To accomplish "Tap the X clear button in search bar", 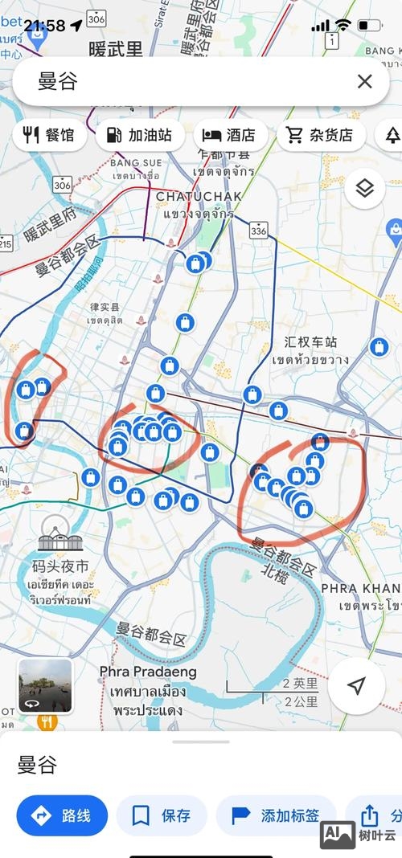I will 364,81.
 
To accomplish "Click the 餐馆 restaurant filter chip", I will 49,135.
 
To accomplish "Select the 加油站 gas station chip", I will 140,135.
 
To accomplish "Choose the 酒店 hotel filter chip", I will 229,135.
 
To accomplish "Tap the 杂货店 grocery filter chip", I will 321,135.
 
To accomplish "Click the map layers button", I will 365,189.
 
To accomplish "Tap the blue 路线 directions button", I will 62,816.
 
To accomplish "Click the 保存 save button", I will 162,816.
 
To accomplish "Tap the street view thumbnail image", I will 45,686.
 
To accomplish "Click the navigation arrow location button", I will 357,685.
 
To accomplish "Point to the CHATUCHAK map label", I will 195,196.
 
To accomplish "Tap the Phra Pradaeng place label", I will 148,672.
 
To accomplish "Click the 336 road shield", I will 258,231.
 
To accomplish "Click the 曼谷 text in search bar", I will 57,81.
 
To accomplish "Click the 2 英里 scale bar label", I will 301,684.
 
